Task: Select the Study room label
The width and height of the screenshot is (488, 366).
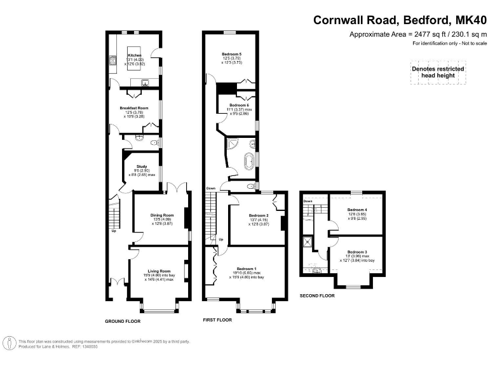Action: click(141, 166)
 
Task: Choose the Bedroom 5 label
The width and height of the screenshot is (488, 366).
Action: click(232, 55)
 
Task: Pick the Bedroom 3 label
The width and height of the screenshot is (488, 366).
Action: click(357, 252)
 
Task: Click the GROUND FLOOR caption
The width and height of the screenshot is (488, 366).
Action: click(123, 322)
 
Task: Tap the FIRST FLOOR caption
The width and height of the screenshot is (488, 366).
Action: click(215, 322)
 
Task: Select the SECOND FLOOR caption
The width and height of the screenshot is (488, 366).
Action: click(316, 296)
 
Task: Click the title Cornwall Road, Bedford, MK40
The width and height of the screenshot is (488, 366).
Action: click(400, 20)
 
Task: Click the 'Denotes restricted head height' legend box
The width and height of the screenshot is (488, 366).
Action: click(438, 73)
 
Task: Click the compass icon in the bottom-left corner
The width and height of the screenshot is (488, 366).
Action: click(9, 343)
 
